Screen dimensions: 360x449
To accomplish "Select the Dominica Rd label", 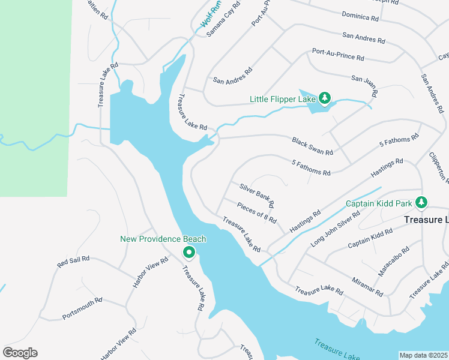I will pyautogui.click(x=360, y=16).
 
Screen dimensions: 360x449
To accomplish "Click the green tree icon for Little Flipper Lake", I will pyautogui.click(x=325, y=98).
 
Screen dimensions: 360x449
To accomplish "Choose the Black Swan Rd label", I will pyautogui.click(x=312, y=145).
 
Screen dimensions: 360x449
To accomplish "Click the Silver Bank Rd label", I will pyautogui.click(x=257, y=195).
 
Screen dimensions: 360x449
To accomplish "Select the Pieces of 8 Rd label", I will pyautogui.click(x=256, y=212).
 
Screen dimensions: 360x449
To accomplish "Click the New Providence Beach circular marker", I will pyautogui.click(x=188, y=253).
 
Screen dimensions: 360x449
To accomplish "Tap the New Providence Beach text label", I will pyautogui.click(x=163, y=239).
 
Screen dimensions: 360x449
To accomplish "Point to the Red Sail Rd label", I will pyautogui.click(x=73, y=262).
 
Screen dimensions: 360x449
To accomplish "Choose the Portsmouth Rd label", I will pyautogui.click(x=82, y=308).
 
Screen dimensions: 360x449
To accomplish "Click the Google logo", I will pyautogui.click(x=20, y=353).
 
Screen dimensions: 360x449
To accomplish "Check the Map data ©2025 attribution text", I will pyautogui.click(x=423, y=355).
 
